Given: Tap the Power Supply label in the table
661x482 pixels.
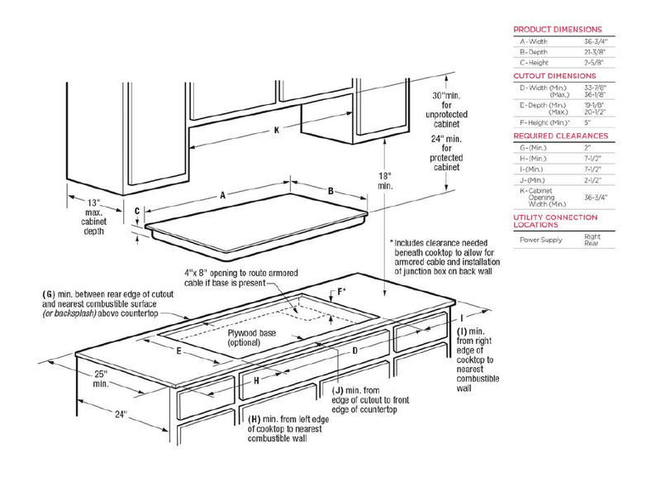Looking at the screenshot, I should pyautogui.click(x=540, y=240).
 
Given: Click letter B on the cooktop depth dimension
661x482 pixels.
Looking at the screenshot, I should pyautogui.click(x=331, y=191).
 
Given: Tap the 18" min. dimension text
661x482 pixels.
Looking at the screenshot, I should pyautogui.click(x=386, y=181).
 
